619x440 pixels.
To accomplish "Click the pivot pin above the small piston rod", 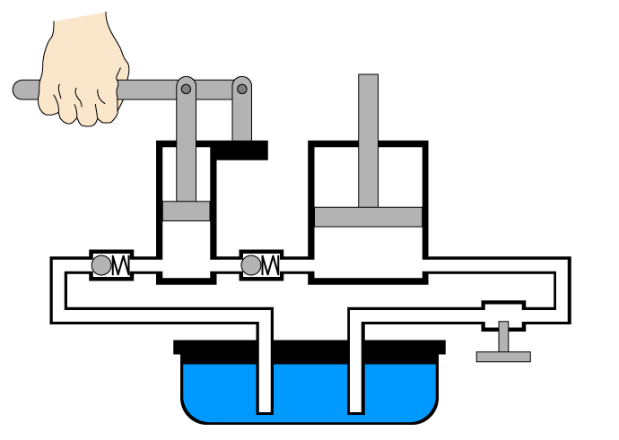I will click(186, 89).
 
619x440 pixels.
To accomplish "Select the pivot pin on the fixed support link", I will click(241, 89).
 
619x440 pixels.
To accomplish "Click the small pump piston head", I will click(186, 211).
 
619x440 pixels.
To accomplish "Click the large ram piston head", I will click(368, 217).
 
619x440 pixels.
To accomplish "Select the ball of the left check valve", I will click(101, 265).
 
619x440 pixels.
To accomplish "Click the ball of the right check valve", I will click(251, 265).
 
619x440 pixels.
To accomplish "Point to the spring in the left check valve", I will click(121, 265).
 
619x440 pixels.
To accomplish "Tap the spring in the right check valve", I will click(271, 265).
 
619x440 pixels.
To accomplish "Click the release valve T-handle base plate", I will click(503, 357).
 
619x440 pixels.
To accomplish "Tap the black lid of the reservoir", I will click(309, 347).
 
